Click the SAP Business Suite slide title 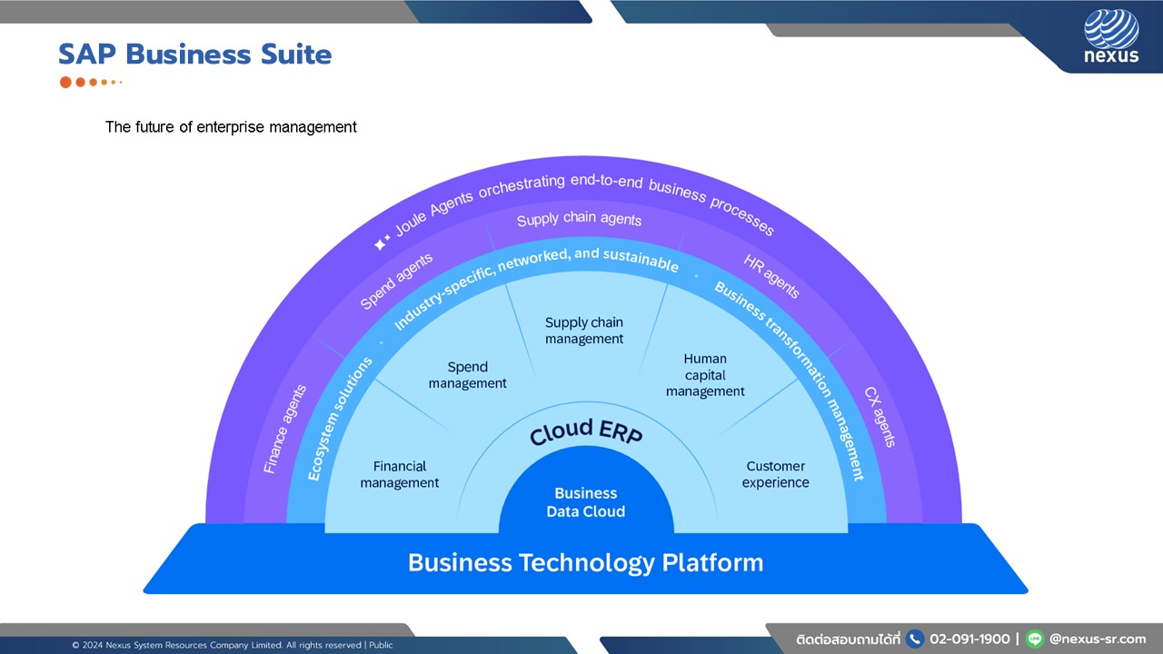(194, 54)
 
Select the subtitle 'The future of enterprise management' (231, 127)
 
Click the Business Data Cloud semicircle (586, 502)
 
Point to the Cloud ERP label (586, 432)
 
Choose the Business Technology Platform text (585, 562)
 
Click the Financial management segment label (400, 474)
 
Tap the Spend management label (468, 375)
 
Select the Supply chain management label (584, 331)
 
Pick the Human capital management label (705, 375)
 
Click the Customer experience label (775, 474)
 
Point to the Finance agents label (284, 429)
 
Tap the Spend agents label (396, 282)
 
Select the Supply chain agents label (579, 220)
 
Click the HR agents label (771, 277)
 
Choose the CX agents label (880, 417)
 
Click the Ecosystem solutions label (340, 418)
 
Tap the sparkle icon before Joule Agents (383, 243)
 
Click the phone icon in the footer (915, 639)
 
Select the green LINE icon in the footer (1034, 639)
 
